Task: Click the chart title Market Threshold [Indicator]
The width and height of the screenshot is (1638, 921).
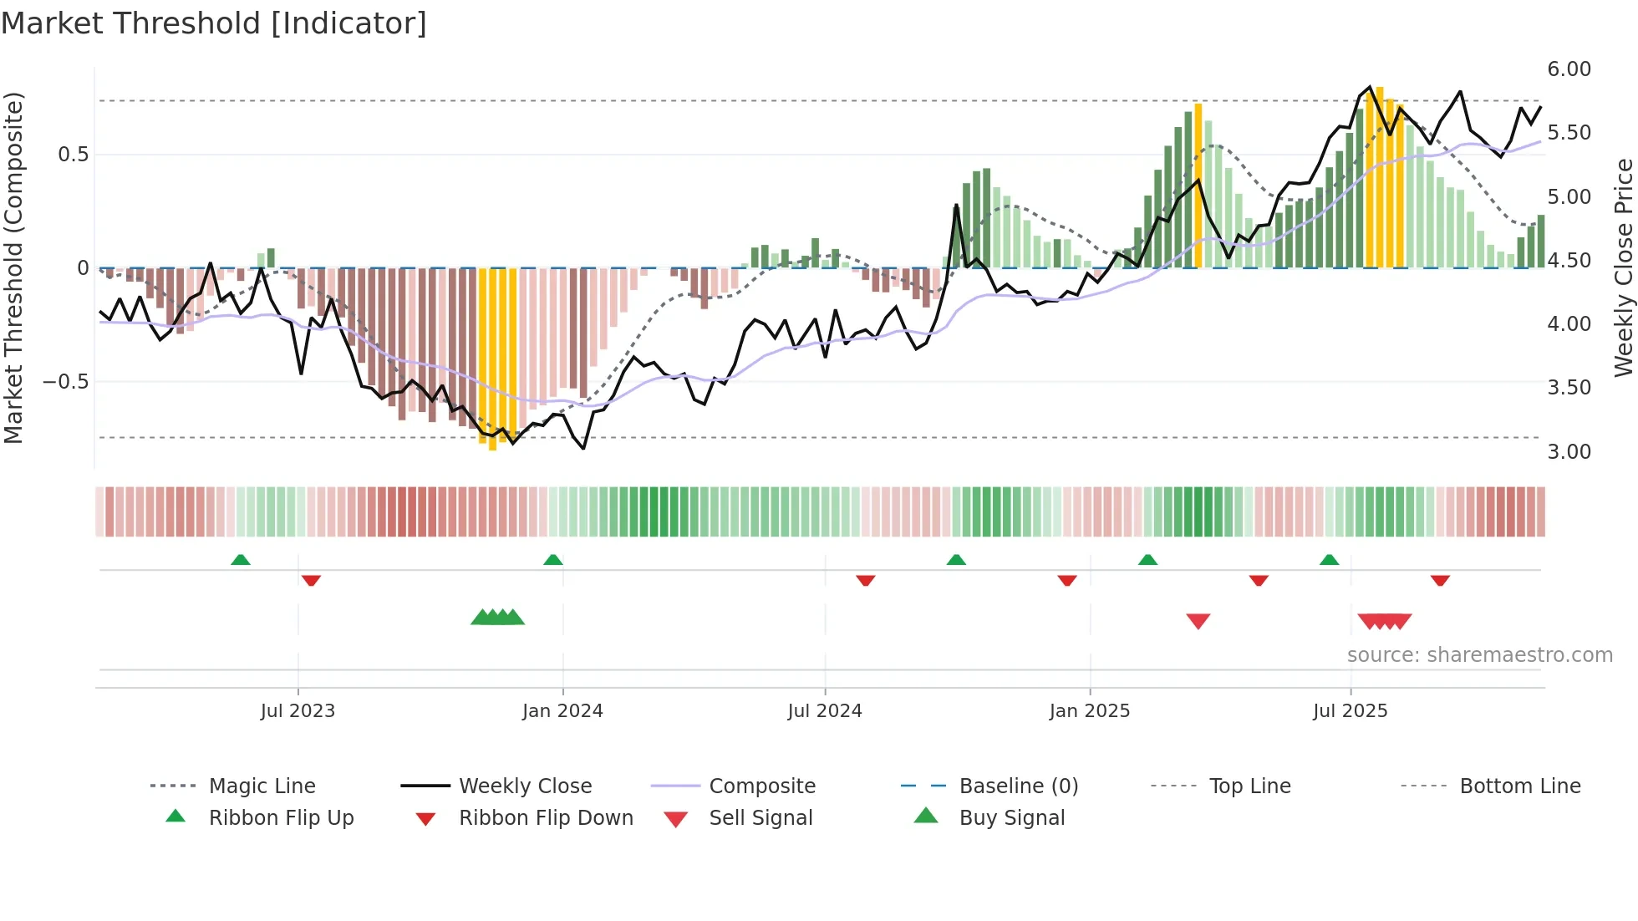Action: (214, 23)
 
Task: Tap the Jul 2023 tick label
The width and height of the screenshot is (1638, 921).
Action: (298, 711)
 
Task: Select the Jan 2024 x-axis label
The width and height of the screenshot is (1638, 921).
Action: (562, 711)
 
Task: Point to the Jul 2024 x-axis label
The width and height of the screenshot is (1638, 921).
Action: (825, 711)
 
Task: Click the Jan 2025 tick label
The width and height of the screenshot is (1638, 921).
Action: (1090, 711)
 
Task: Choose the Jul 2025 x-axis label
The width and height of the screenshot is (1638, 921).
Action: (1351, 711)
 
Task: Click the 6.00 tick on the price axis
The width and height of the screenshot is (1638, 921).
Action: (1569, 69)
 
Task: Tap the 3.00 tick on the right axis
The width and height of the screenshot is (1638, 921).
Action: (1569, 452)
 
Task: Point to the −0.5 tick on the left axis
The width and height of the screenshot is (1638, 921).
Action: (65, 382)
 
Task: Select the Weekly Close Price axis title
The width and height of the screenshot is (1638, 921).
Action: (1623, 267)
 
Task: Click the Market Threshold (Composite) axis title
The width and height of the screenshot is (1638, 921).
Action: (13, 267)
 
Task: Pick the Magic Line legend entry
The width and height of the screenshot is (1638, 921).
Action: (262, 786)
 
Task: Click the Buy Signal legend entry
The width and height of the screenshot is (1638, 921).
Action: (1011, 818)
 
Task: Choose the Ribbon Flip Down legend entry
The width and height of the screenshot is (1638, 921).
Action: (546, 818)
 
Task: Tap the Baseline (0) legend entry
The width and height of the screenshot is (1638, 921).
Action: (1018, 786)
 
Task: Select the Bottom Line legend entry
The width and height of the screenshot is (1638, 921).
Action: (1519, 786)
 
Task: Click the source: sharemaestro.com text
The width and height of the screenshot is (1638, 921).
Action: (1479, 655)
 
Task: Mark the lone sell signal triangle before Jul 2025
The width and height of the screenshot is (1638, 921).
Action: (1198, 621)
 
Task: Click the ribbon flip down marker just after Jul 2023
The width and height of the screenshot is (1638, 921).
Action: (311, 580)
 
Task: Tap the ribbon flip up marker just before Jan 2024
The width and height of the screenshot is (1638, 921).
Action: (552, 560)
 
